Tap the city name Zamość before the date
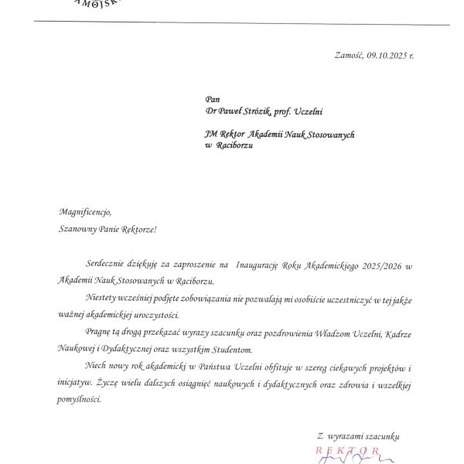[x=349, y=56]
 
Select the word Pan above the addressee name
[x=212, y=99]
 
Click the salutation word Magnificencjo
[x=85, y=212]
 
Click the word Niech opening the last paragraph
[x=97, y=366]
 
